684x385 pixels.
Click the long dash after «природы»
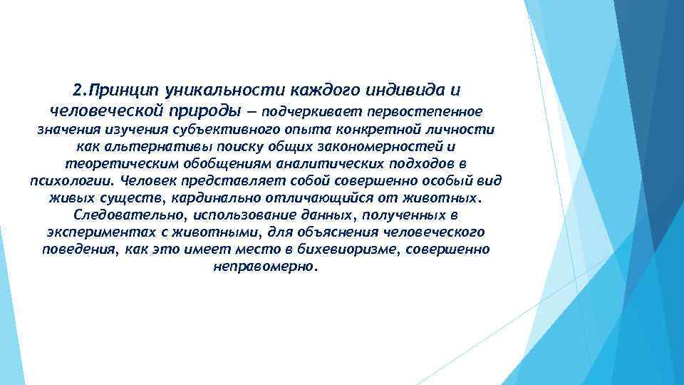point(252,112)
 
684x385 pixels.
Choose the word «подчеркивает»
point(304,112)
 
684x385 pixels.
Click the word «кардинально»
point(212,197)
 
